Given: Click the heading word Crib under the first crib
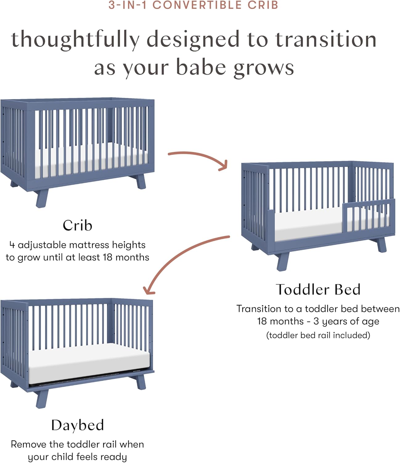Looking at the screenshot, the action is coord(77,225).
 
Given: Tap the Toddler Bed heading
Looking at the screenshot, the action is coord(318,290).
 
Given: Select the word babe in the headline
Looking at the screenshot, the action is coord(201,68).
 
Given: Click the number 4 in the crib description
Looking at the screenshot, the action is coord(12,245).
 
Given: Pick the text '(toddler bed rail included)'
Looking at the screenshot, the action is coord(318,335).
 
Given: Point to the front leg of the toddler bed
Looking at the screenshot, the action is coord(283,262).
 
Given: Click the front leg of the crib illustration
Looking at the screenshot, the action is coord(42,199).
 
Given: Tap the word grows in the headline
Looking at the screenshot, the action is coord(263,69).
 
